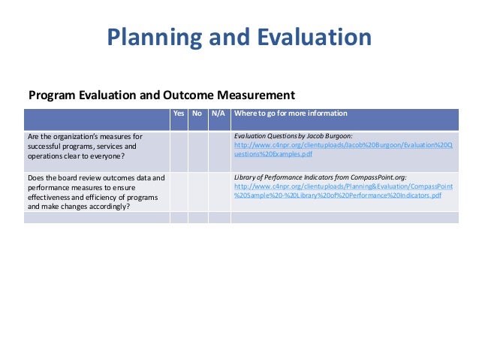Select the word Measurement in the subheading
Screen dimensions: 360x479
(255, 95)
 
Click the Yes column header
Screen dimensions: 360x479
(179, 113)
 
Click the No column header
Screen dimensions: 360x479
(197, 113)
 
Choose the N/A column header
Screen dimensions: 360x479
(218, 113)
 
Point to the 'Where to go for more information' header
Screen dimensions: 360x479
(291, 113)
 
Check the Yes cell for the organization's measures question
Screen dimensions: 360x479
(179, 150)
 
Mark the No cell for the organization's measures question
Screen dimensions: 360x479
(197, 150)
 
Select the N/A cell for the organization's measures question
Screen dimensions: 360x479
(218, 150)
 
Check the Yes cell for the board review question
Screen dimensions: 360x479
(179, 191)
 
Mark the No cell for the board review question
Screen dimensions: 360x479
(197, 191)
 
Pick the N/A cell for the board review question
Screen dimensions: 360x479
(218, 191)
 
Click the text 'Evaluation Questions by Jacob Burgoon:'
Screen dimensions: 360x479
(298, 136)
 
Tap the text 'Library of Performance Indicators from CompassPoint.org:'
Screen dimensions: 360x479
(321, 177)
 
